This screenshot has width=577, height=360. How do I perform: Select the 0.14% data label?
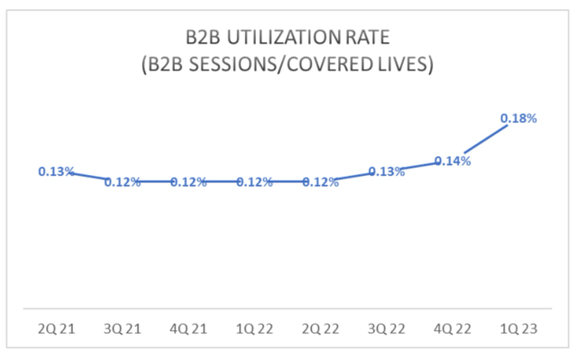point(453,161)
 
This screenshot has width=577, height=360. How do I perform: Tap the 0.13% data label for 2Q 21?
point(56,171)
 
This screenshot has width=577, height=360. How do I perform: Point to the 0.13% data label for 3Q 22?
point(386,171)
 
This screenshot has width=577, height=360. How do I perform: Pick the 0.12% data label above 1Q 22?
point(254,182)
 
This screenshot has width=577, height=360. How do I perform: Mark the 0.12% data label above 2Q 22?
point(320,182)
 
